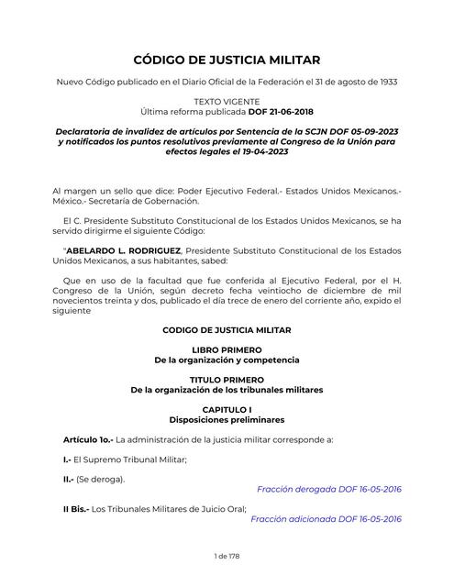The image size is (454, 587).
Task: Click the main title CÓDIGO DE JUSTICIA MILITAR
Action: pyautogui.click(x=227, y=60)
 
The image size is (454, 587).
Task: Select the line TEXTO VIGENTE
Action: pyautogui.click(x=227, y=100)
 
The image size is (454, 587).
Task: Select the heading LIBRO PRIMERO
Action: pyautogui.click(x=227, y=350)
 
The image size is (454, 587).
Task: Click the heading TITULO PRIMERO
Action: pyautogui.click(x=227, y=379)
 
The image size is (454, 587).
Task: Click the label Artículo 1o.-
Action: pyautogui.click(x=80, y=440)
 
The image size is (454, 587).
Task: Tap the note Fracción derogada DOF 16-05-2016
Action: pyautogui.click(x=328, y=489)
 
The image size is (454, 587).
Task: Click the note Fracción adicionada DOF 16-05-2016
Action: pyautogui.click(x=326, y=518)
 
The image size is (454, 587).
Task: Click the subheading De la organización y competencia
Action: pyautogui.click(x=227, y=361)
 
